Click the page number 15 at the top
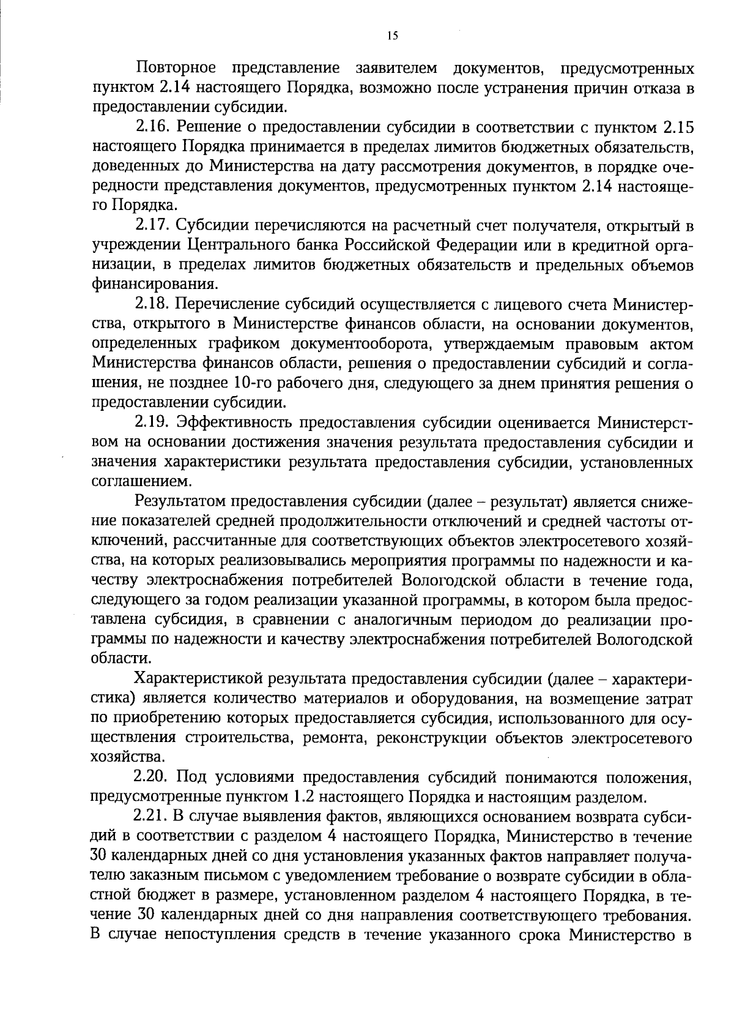pos(392,36)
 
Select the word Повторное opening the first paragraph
pos(174,67)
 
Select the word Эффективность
pos(233,423)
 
